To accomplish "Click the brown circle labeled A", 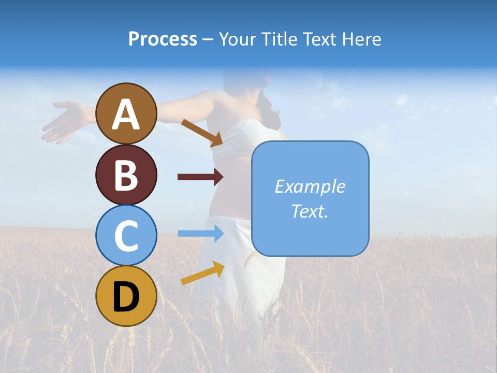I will tap(126, 113).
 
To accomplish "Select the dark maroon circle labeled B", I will tap(126, 175).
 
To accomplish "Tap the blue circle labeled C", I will tap(126, 235).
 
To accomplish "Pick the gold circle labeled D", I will tap(126, 296).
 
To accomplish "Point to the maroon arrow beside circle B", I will tap(200, 177).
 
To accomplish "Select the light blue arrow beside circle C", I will tap(200, 233).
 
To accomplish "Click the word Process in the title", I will tap(163, 39).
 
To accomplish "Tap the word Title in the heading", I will tap(278, 39).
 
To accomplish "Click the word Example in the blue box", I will tap(310, 187).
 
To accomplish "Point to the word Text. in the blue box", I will tap(310, 211).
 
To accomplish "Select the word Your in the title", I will tap(238, 39).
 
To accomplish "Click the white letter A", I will tap(126, 114).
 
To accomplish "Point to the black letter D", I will tap(126, 297).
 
